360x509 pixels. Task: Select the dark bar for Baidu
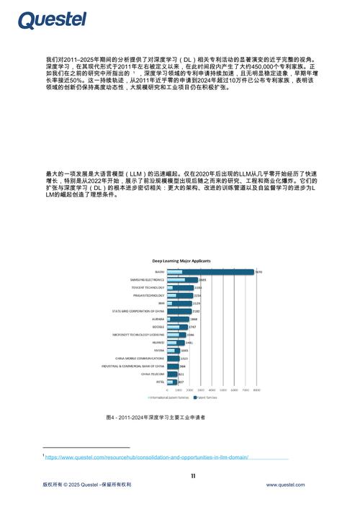click(x=210, y=271)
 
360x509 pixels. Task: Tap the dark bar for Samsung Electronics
click(x=182, y=279)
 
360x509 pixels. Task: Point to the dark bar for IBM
click(x=179, y=303)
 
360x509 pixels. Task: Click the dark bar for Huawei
click(x=175, y=343)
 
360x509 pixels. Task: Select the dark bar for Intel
click(x=171, y=382)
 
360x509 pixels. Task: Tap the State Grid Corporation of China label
click(x=138, y=311)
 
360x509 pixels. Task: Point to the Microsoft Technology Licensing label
click(x=138, y=335)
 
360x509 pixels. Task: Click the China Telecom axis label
click(x=153, y=374)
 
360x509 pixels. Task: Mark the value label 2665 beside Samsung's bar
click(x=203, y=279)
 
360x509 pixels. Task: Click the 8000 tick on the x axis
click(x=256, y=390)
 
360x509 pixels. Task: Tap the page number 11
click(x=193, y=475)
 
